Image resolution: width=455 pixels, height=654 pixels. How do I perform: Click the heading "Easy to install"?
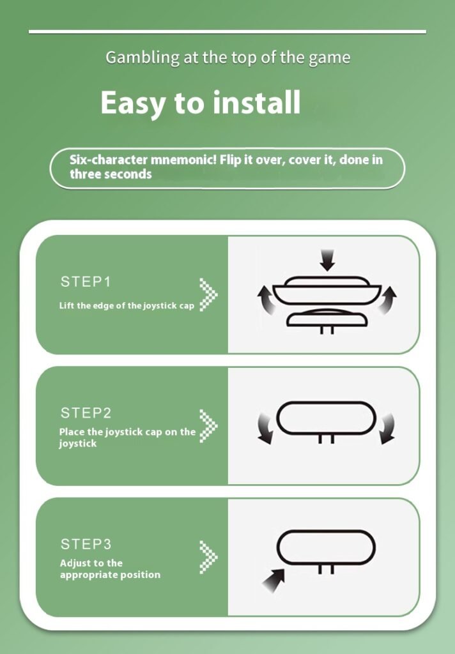(201, 103)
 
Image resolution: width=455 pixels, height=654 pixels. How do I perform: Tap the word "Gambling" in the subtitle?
(143, 57)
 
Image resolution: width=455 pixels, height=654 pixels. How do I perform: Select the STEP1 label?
(86, 282)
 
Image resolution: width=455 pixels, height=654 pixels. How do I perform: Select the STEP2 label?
(86, 413)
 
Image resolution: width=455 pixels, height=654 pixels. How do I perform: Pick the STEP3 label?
(86, 544)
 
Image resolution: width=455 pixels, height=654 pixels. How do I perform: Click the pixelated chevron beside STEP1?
(208, 294)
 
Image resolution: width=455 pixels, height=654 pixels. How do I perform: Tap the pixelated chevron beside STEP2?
(208, 426)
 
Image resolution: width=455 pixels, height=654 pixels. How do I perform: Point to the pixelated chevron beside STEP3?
(208, 557)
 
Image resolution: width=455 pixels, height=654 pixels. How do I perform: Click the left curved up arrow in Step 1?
(266, 300)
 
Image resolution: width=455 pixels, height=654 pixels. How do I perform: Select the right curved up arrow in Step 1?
(388, 300)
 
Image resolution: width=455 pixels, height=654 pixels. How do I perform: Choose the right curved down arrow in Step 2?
(387, 429)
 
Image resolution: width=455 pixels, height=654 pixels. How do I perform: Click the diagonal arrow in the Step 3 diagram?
(274, 580)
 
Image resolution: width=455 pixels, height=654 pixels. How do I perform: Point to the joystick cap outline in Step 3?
(326, 531)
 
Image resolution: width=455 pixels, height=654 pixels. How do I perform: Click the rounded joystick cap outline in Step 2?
(326, 403)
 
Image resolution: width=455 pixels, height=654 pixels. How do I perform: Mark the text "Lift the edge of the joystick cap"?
(127, 306)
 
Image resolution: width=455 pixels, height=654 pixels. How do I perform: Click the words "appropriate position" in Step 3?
(110, 575)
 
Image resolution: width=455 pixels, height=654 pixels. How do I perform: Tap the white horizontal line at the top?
(227, 32)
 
